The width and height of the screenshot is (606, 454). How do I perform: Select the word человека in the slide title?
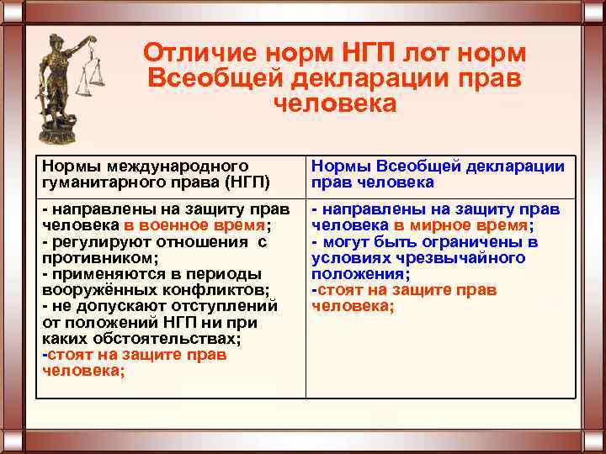coord(334,103)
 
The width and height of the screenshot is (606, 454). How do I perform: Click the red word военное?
coord(165,225)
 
